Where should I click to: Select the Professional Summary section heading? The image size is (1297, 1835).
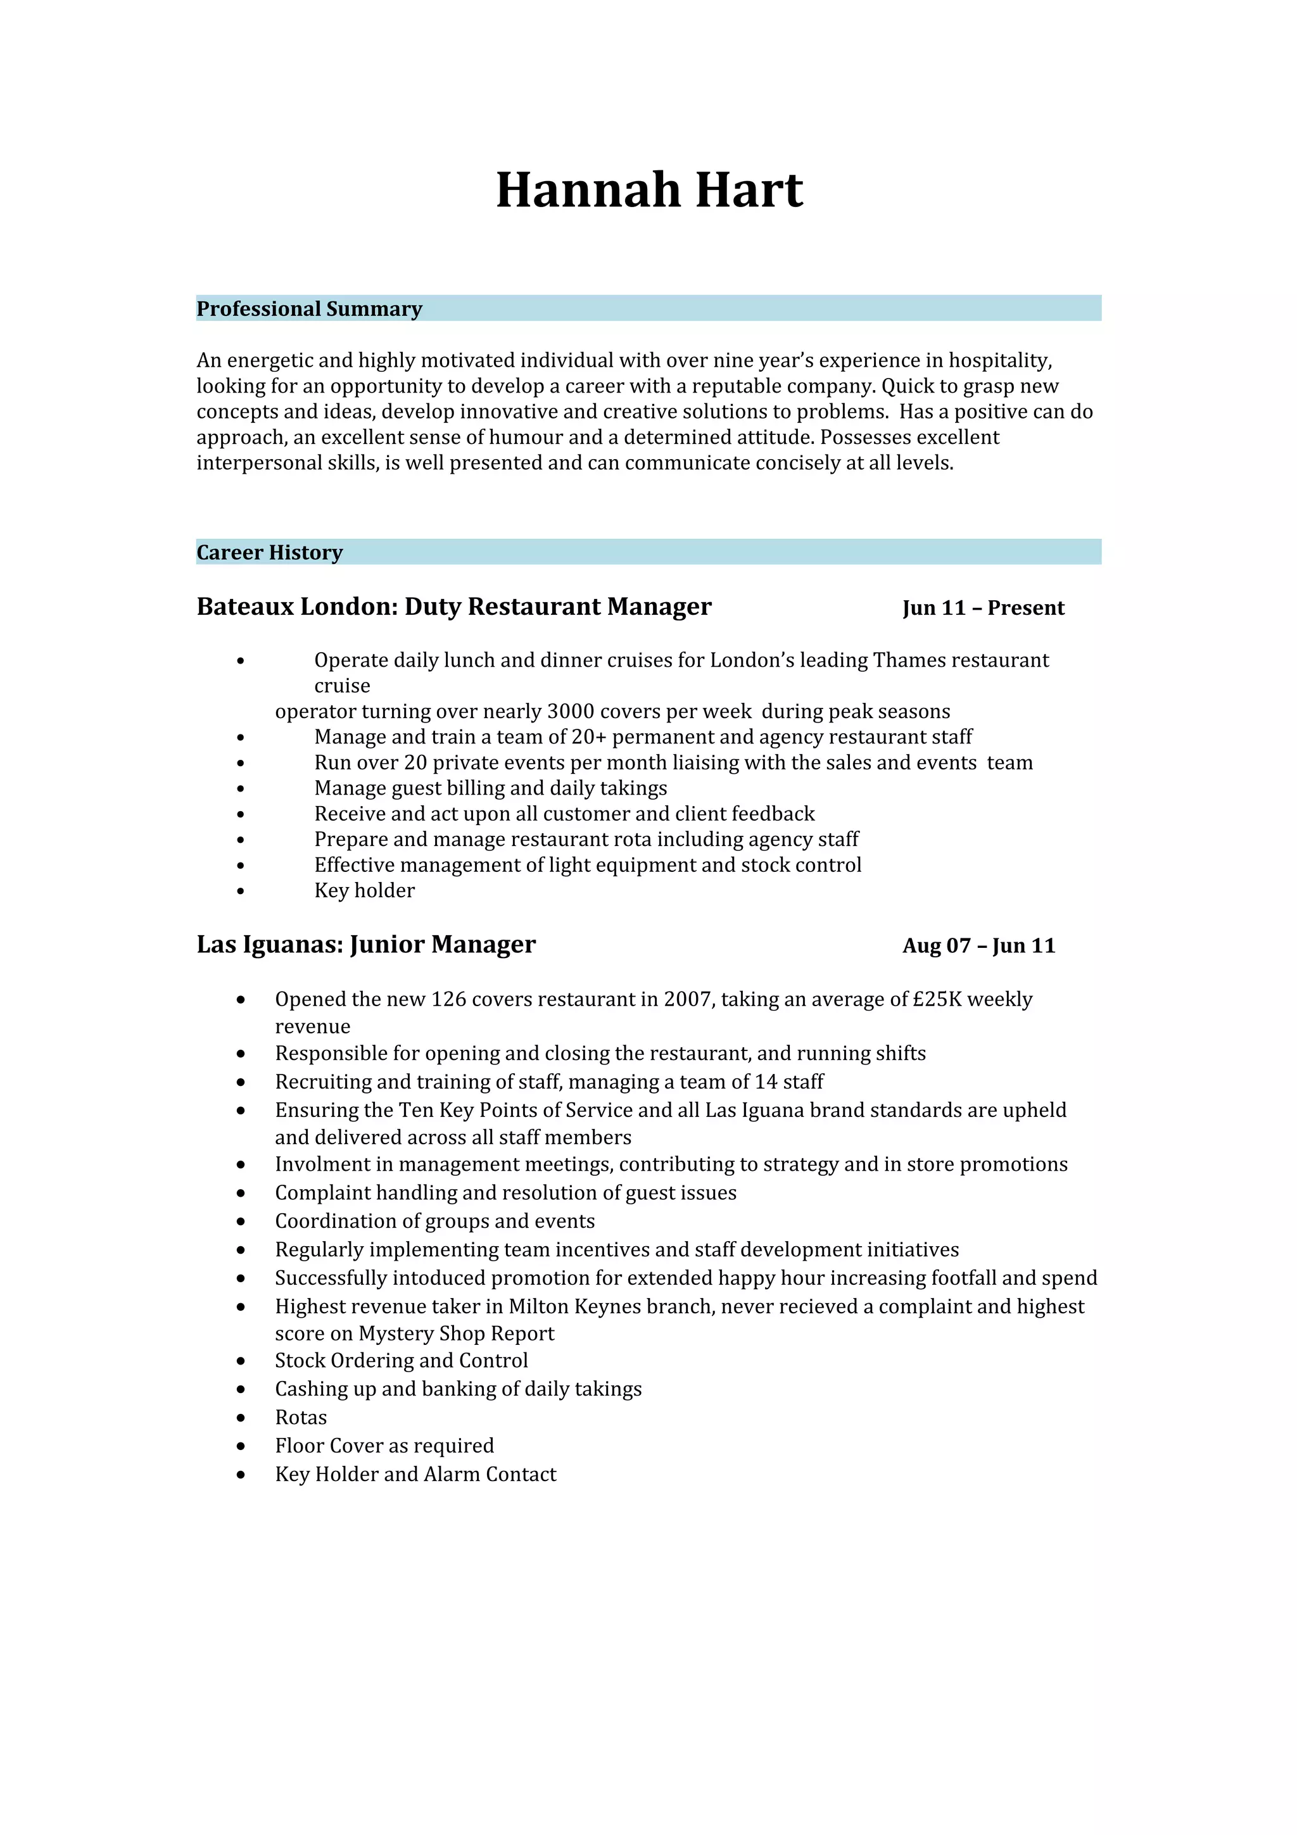pyautogui.click(x=309, y=308)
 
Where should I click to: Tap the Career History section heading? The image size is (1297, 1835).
pyautogui.click(x=269, y=552)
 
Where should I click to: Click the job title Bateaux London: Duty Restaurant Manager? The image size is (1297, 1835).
pyautogui.click(x=454, y=607)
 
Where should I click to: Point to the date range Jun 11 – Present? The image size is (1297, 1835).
pyautogui.click(x=983, y=609)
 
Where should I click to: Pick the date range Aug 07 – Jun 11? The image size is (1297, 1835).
pyautogui.click(x=978, y=945)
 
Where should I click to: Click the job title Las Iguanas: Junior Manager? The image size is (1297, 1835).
pyautogui.click(x=366, y=945)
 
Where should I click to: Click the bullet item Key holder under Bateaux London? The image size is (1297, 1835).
pyautogui.click(x=364, y=890)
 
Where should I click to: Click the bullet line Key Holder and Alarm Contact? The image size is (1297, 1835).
pyautogui.click(x=415, y=1473)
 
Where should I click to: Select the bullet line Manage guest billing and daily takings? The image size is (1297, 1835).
pyautogui.click(x=490, y=788)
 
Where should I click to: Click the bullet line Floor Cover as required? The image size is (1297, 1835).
pyautogui.click(x=384, y=1445)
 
